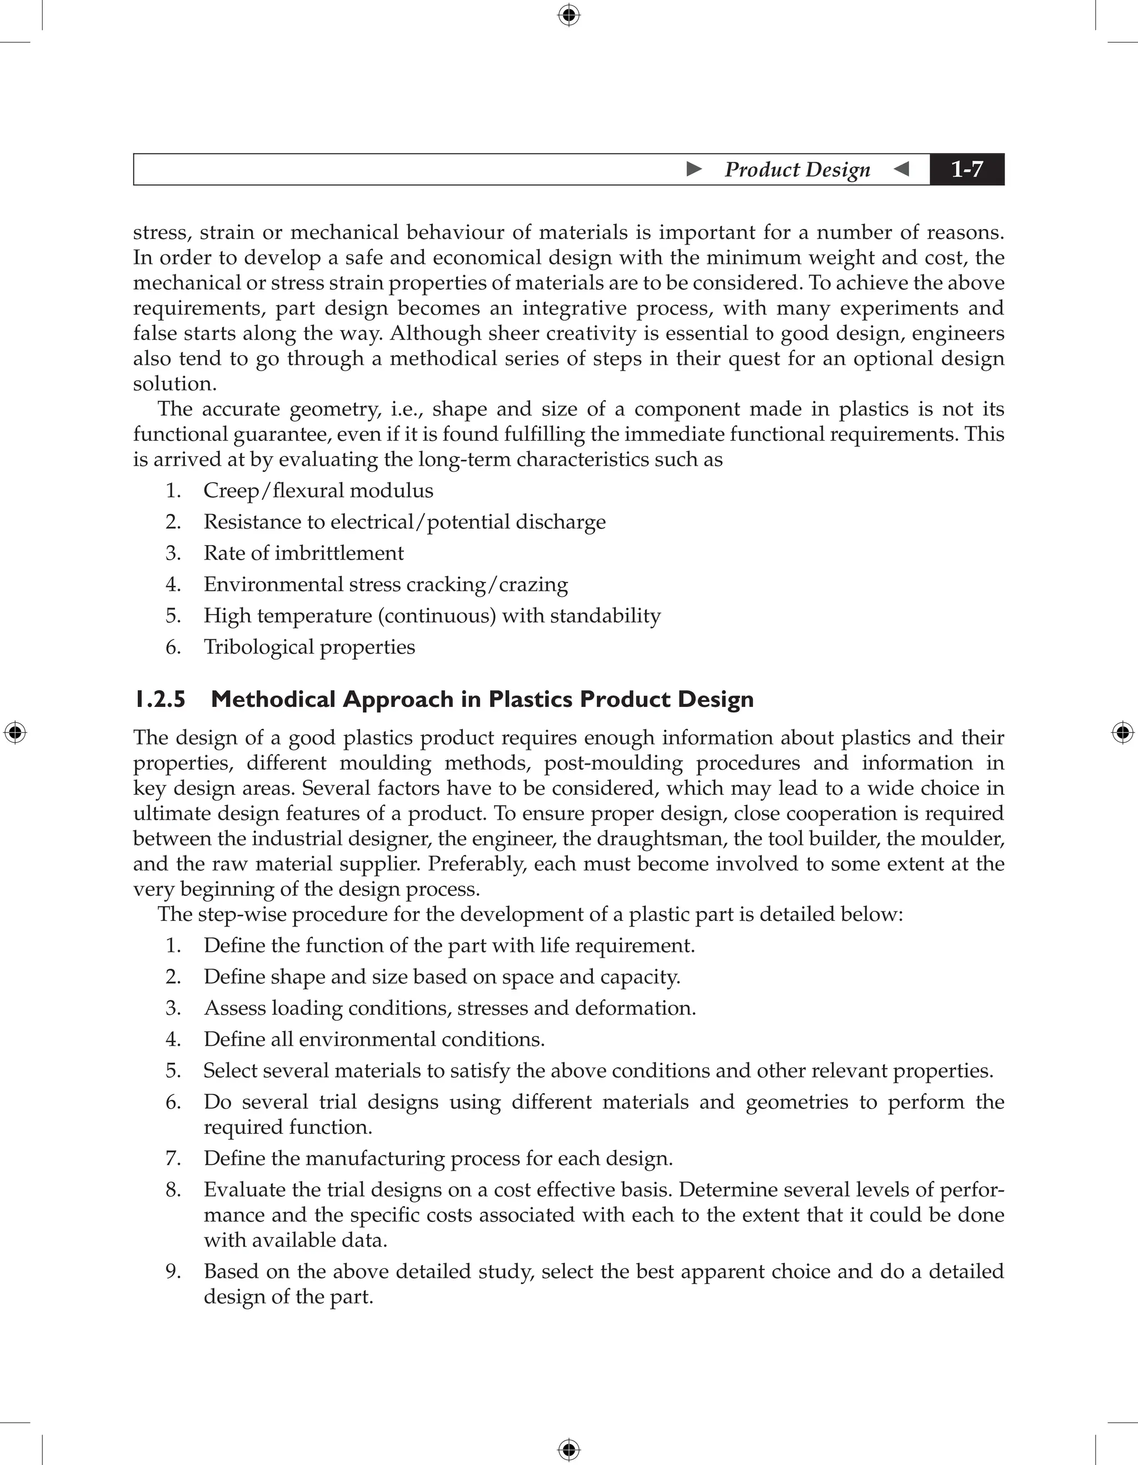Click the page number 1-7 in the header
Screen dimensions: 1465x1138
coord(966,170)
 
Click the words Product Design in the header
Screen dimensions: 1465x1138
coord(797,170)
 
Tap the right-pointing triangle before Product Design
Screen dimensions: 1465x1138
coord(695,169)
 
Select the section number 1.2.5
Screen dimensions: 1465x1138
coord(159,700)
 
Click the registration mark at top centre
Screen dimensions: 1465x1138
coord(568,15)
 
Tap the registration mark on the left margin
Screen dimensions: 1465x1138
coord(15,733)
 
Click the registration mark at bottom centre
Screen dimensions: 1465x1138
coord(568,1449)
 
